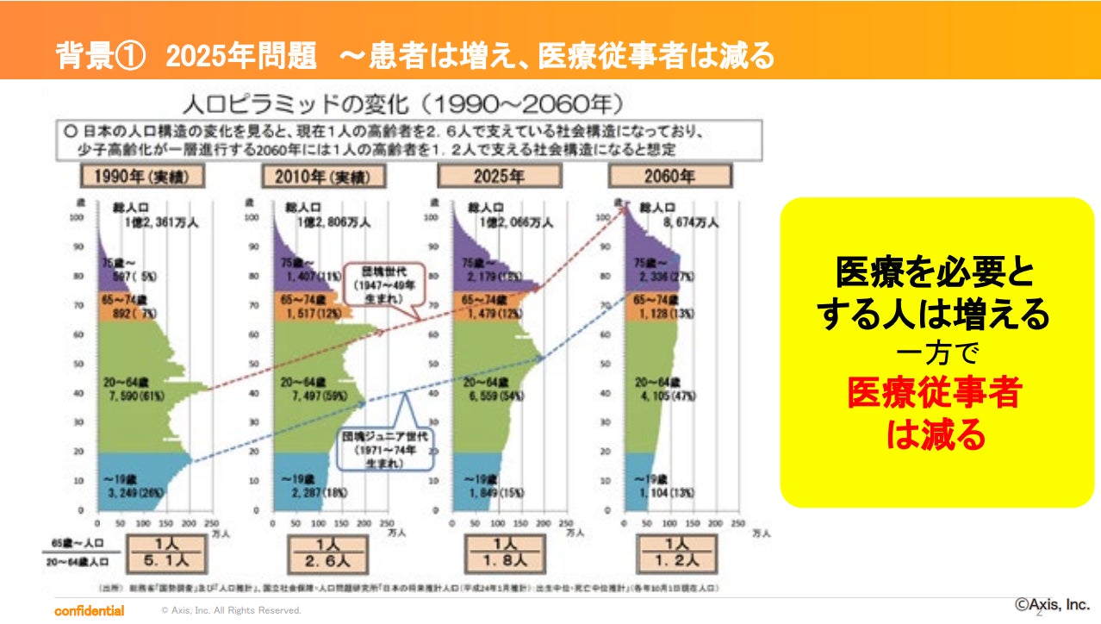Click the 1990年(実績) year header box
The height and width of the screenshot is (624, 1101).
[x=145, y=177]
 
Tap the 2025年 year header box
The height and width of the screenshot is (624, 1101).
[x=500, y=177]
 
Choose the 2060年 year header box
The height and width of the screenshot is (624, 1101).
[x=669, y=177]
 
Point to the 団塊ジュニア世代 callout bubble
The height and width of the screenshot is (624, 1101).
[x=383, y=449]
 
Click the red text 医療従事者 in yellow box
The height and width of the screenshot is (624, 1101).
[x=934, y=394]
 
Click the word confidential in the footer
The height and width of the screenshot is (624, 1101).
[x=89, y=610]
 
